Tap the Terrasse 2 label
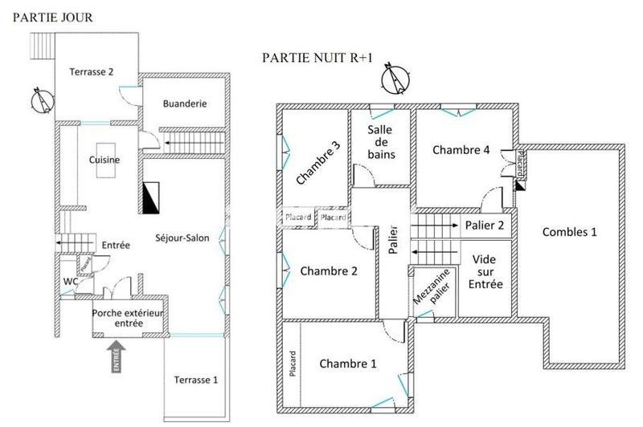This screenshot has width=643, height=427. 91,71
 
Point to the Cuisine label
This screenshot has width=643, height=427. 104,160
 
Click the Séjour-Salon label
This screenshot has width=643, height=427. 183,238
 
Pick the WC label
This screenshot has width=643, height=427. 70,282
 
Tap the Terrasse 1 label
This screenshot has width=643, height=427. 195,379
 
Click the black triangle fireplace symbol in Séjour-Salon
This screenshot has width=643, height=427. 151,197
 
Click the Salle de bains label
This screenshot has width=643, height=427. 381,142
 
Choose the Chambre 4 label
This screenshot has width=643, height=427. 460,149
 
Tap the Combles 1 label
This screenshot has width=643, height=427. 570,233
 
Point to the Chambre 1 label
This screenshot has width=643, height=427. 348,364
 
